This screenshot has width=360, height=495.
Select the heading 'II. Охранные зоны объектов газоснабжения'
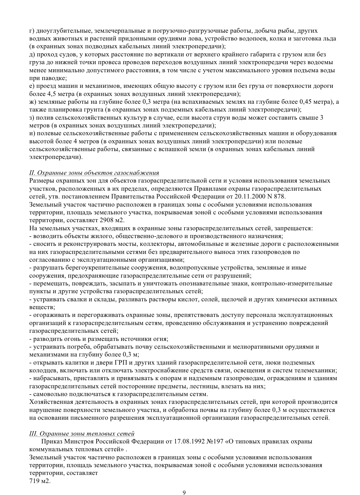[94, 173]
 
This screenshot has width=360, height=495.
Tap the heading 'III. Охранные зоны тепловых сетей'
[82, 434]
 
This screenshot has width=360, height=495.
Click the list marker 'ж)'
[33, 102]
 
